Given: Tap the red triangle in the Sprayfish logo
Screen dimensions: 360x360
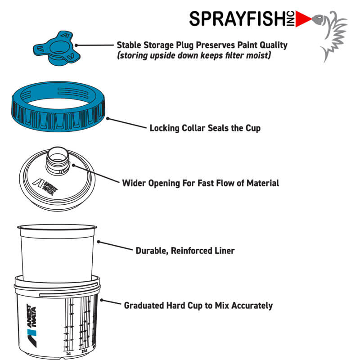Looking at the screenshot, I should click(305, 18).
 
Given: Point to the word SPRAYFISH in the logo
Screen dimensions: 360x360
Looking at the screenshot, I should click(240, 19).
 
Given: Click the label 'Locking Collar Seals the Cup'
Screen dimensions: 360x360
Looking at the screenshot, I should click(205, 128).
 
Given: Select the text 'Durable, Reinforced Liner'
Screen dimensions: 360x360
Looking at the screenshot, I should click(185, 251).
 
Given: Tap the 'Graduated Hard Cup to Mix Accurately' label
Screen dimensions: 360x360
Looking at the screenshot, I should click(198, 306).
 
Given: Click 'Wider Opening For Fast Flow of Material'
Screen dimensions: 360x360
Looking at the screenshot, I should click(201, 183).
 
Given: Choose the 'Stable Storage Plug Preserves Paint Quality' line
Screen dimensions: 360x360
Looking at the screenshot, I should click(202, 45).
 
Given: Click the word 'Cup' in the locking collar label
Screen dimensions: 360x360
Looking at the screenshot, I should click(252, 128).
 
